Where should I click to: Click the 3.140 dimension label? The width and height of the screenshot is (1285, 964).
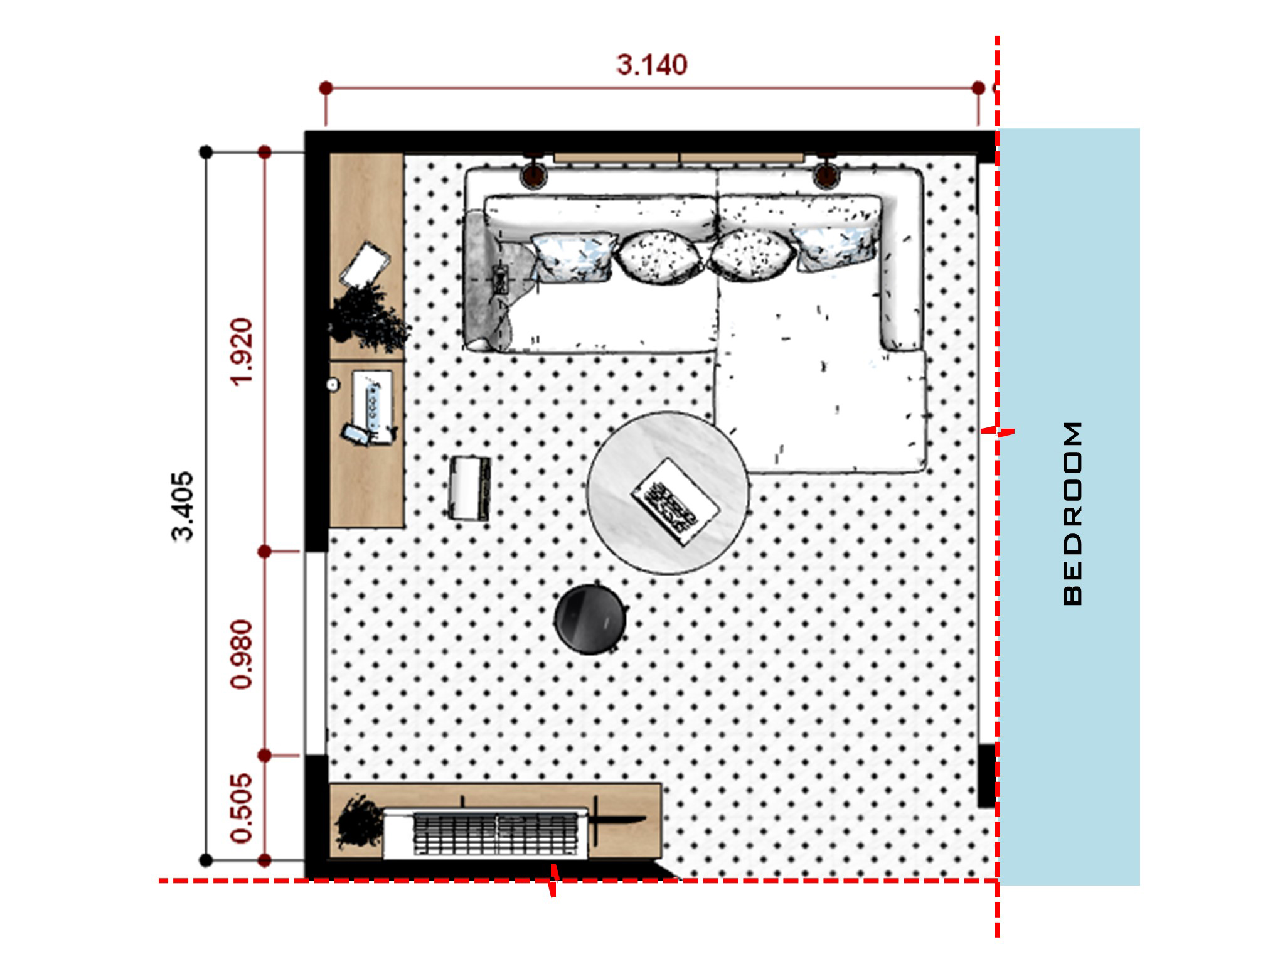(x=652, y=65)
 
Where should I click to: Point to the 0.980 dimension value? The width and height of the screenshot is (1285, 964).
(x=242, y=655)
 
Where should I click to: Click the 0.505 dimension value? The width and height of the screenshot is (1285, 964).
(x=242, y=807)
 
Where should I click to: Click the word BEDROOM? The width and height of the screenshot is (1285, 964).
(x=1074, y=513)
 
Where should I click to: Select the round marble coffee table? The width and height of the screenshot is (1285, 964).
(x=668, y=493)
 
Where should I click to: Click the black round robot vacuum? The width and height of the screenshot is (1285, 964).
(x=590, y=619)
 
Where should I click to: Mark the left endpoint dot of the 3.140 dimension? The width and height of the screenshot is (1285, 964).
(x=326, y=88)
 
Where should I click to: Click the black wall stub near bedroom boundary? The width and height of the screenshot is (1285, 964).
(x=986, y=775)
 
